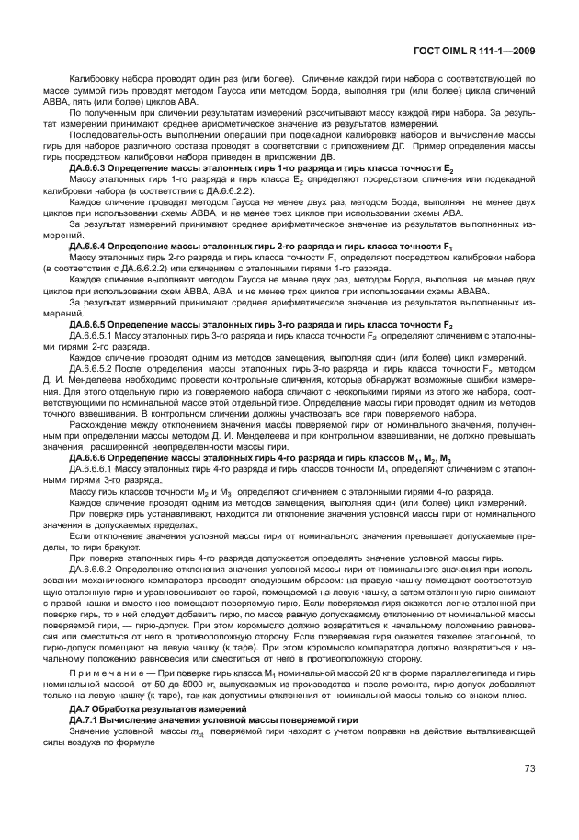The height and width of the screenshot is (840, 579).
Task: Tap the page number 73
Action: click(x=529, y=768)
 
